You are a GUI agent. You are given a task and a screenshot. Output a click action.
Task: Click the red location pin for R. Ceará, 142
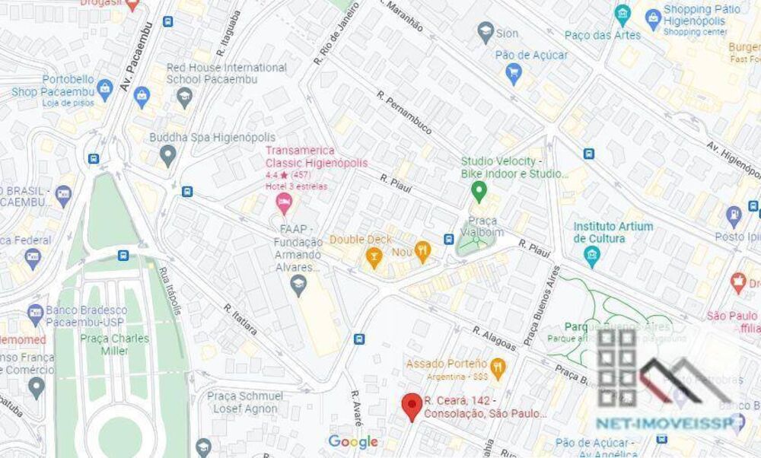pos(412,405)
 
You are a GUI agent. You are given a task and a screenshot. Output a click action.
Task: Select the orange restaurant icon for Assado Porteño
pos(498,369)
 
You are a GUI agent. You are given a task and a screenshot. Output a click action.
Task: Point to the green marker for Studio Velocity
pos(478,189)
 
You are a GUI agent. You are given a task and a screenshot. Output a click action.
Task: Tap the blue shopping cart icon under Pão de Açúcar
pos(514,74)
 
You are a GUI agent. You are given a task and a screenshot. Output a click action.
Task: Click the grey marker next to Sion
pos(486,32)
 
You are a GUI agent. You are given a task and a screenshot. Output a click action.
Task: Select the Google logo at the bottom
pos(353,442)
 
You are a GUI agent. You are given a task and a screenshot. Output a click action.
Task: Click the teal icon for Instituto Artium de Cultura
pos(592,256)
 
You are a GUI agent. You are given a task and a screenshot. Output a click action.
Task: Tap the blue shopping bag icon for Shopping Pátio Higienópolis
pos(652,17)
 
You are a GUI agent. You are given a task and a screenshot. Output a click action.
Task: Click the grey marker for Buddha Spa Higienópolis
pos(168,157)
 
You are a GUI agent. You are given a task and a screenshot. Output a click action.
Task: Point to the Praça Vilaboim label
pos(479,226)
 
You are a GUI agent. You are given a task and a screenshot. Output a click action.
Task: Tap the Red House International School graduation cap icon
pos(184,97)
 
